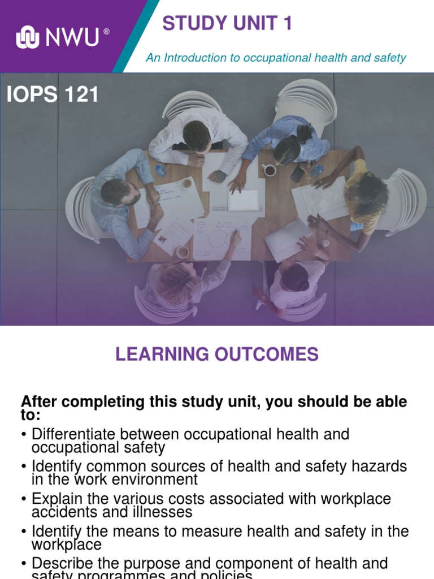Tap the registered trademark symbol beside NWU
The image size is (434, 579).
pyautogui.click(x=107, y=32)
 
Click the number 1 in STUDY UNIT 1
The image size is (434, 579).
pyautogui.click(x=287, y=24)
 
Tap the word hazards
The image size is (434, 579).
pyautogui.click(x=376, y=466)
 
